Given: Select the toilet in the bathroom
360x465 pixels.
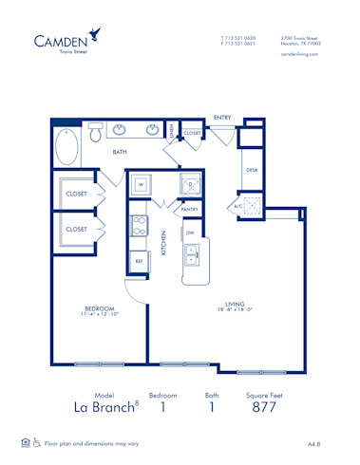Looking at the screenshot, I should [x=96, y=133].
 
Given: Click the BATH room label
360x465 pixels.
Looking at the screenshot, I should [x=121, y=152].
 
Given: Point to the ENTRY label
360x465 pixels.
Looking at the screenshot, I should [x=222, y=117].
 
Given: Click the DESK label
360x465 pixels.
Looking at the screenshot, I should [x=252, y=170].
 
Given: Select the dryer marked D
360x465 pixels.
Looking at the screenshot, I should [x=190, y=184].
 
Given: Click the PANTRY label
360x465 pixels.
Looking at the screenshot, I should [x=189, y=209].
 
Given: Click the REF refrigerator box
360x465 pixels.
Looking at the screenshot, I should [x=139, y=260].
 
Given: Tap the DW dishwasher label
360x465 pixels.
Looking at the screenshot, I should [x=190, y=232].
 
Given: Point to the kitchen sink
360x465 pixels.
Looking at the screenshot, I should [x=192, y=253].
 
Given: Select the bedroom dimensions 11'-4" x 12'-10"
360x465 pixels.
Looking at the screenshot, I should [x=99, y=315].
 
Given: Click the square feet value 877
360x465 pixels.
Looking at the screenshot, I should [x=264, y=409].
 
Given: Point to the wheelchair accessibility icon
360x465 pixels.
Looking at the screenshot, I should [x=37, y=442].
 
